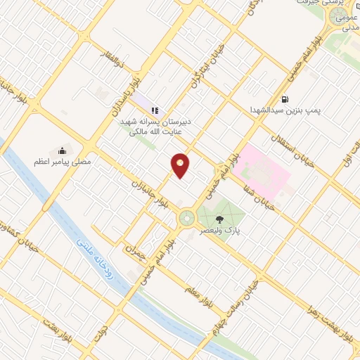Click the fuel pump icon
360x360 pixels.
pos(284,99)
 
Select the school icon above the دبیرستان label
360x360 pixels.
pos(155,110)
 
